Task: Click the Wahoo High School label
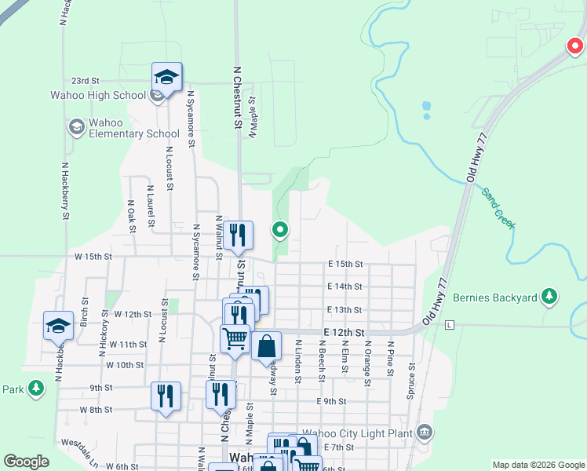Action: pos(98,96)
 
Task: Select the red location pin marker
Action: pos(576,47)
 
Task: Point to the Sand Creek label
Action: pos(498,208)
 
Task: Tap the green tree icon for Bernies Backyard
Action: pos(550,297)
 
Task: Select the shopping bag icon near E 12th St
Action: pos(267,345)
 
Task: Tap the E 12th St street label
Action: pos(345,333)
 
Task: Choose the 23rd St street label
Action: pos(85,80)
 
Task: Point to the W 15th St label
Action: pos(93,257)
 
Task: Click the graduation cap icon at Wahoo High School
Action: pos(166,77)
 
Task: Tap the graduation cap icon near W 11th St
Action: pos(58,325)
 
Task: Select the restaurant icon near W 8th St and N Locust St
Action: pos(166,396)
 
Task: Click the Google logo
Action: pos(26,462)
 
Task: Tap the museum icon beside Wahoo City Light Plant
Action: pos(425,431)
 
